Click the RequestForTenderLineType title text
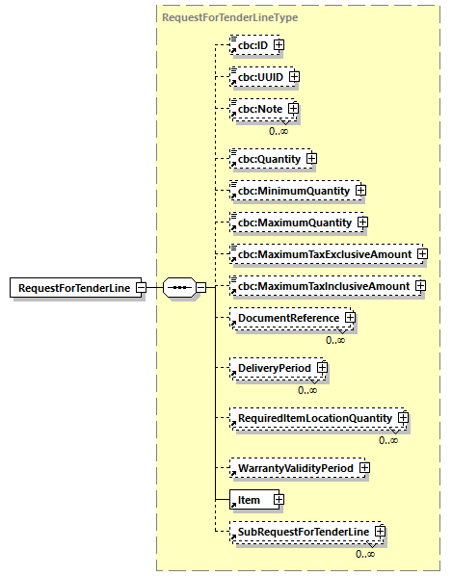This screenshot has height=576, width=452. coord(216,17)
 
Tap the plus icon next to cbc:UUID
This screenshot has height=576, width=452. coord(295,76)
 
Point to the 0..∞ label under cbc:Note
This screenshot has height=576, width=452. coord(279,130)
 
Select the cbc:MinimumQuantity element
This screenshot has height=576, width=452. coord(290,191)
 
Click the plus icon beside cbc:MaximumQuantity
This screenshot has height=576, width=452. coord(362,223)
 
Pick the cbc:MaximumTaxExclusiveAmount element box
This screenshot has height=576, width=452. coord(321,254)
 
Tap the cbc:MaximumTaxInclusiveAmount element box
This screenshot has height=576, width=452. coord(321,286)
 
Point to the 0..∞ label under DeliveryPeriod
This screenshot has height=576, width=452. coord(307,389)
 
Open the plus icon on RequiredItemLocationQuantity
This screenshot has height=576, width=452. coord(404,418)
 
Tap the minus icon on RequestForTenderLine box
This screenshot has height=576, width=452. coord(141,287)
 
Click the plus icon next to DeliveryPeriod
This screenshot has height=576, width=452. coord(322,368)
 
